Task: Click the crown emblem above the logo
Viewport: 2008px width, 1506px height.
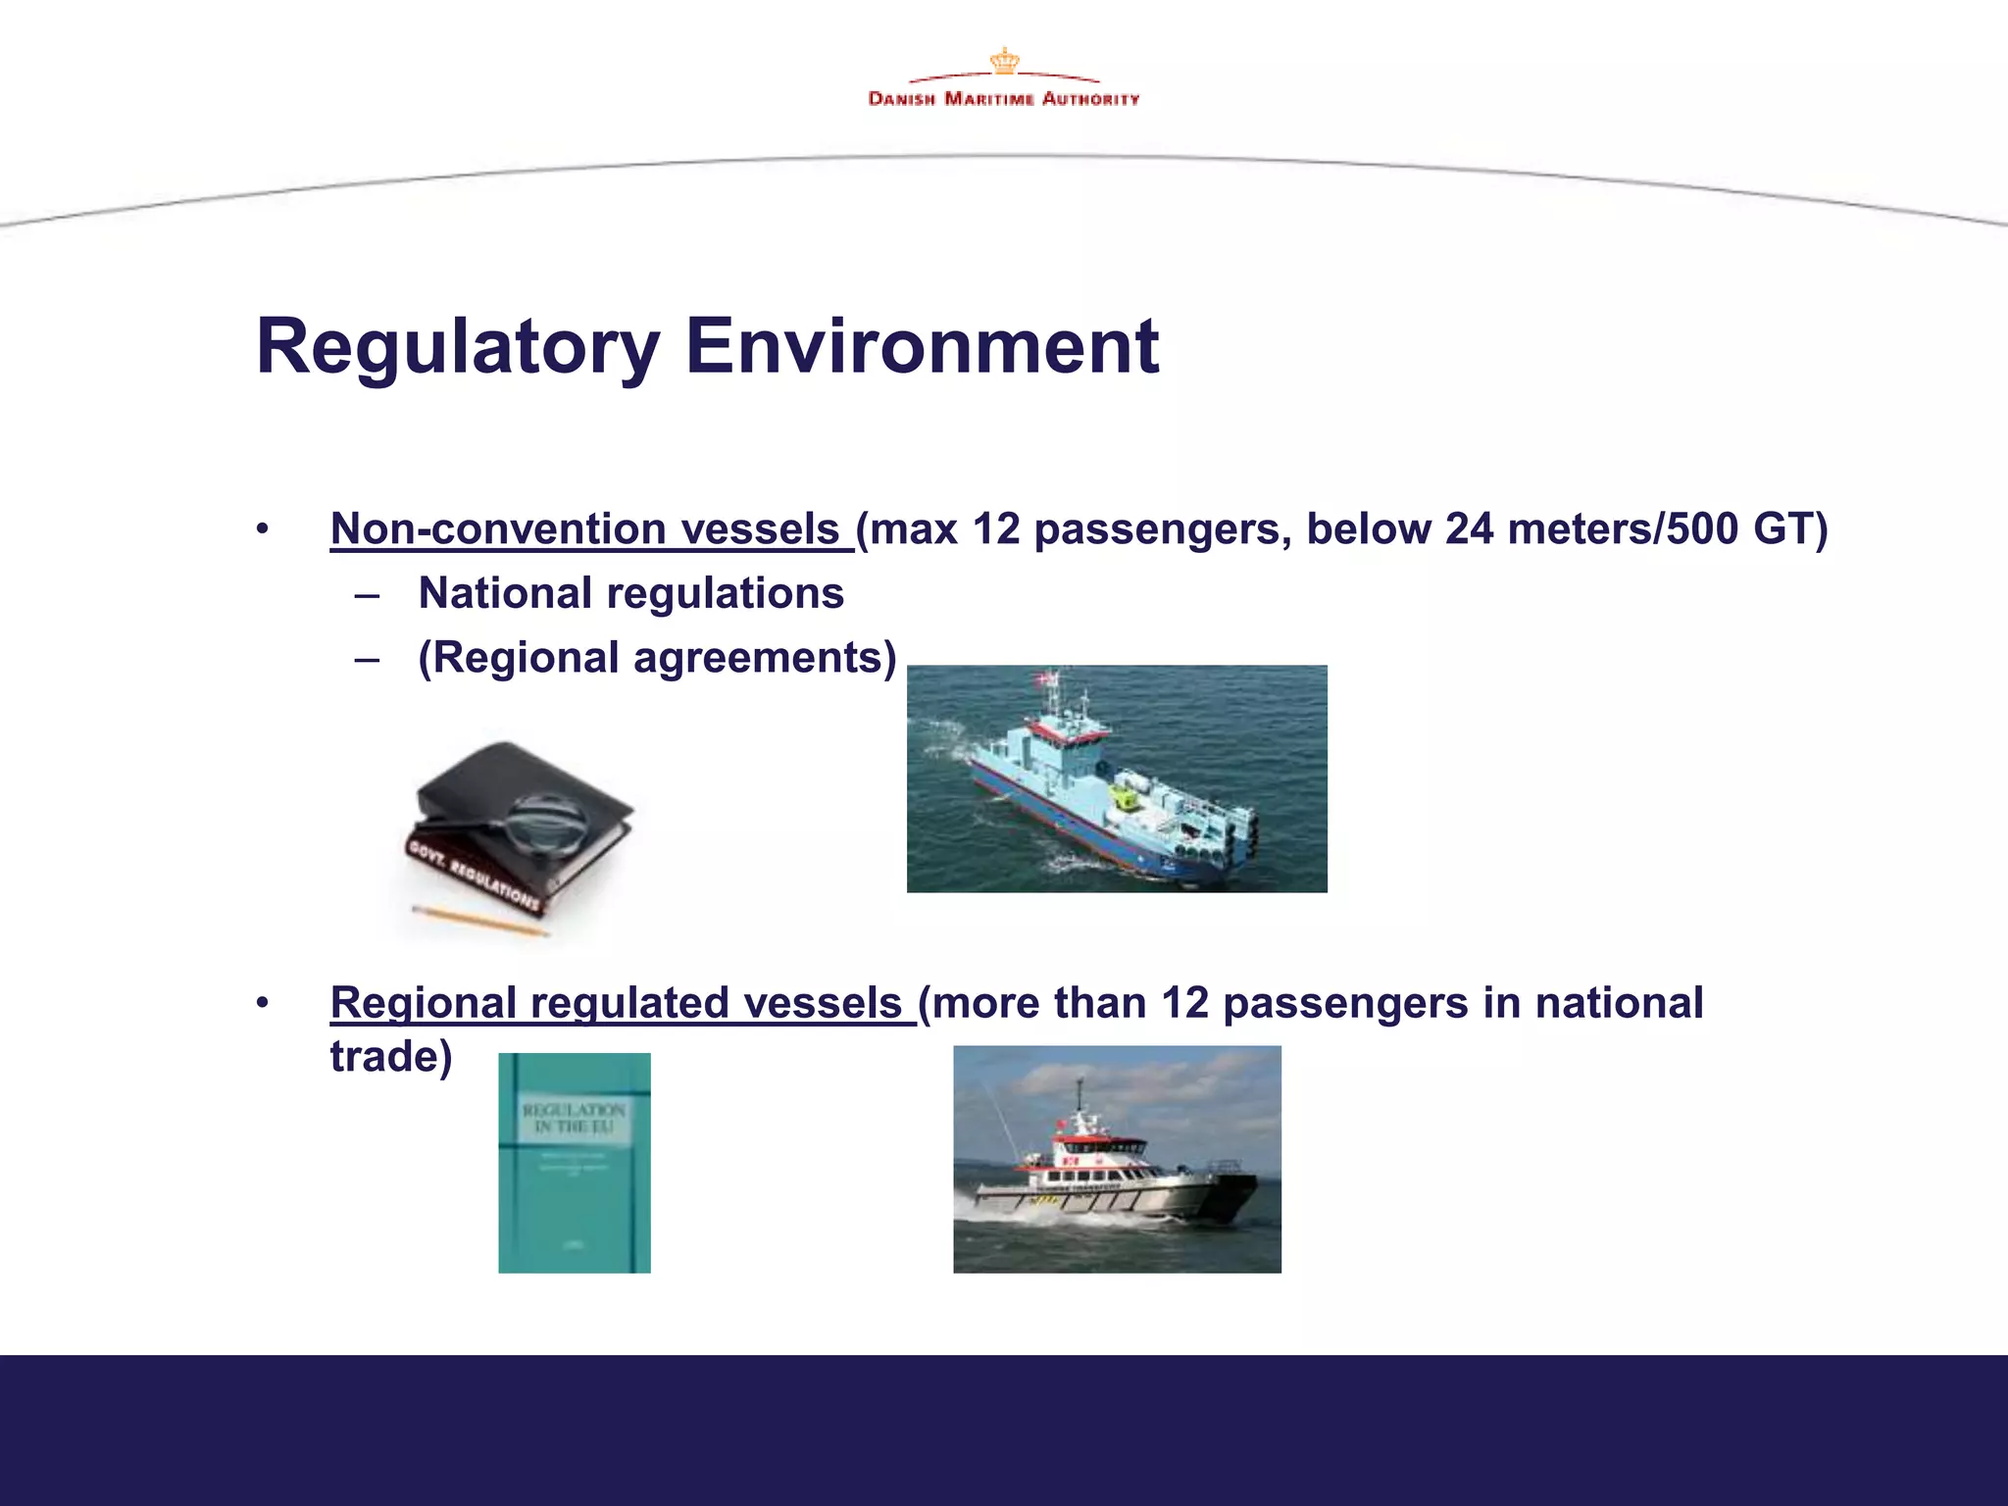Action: [x=1004, y=61]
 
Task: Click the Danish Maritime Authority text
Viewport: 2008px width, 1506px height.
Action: [x=1004, y=99]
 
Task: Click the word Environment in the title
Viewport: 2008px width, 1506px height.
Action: [x=922, y=347]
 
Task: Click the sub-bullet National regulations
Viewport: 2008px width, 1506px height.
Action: [x=630, y=594]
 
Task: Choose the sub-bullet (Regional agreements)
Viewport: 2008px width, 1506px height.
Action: [x=657, y=658]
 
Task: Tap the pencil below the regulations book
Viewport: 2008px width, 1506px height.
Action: [x=479, y=921]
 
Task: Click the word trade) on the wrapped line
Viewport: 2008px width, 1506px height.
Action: [x=391, y=1057]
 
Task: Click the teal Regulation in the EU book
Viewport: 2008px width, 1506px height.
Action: [x=575, y=1163]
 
